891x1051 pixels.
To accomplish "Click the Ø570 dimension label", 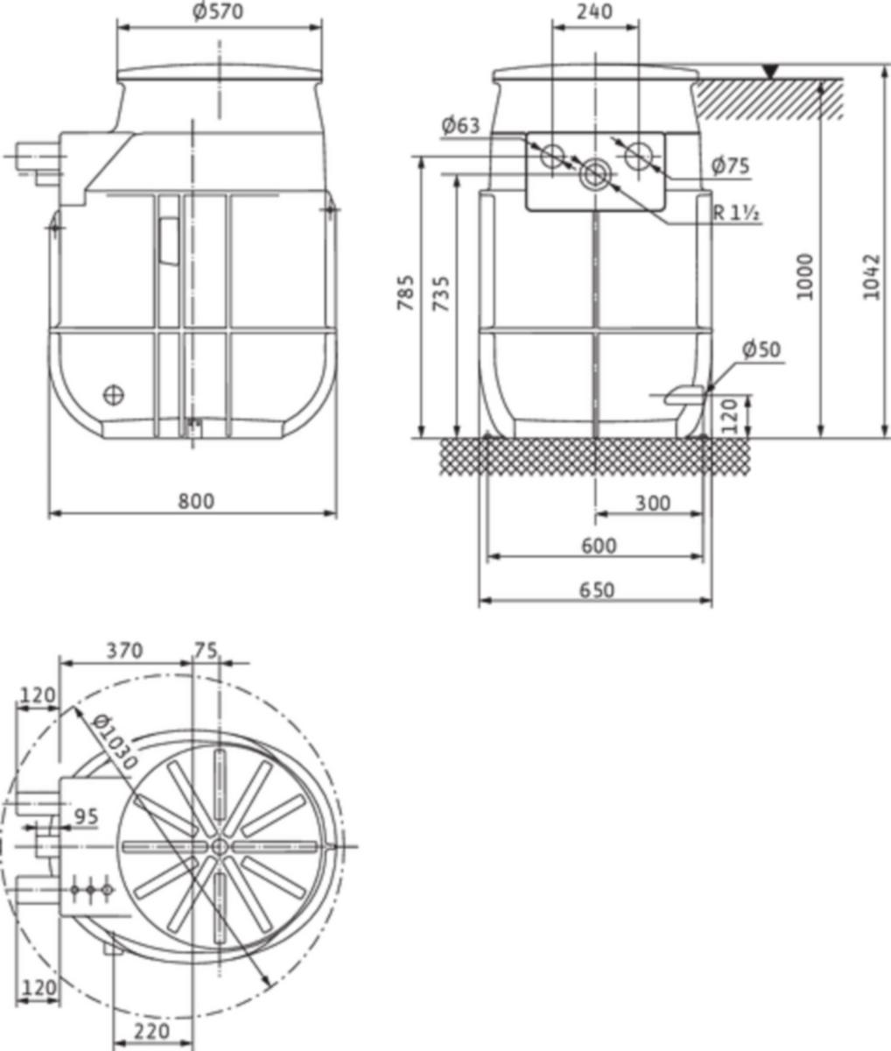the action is point(218,11).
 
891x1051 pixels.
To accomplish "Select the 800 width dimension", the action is point(196,501).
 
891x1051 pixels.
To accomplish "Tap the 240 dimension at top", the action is point(594,11).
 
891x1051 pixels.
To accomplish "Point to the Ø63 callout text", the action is point(460,125).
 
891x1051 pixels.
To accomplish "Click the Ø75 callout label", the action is point(730,166).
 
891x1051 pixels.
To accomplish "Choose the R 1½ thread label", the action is point(736,214).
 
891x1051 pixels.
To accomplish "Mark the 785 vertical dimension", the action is point(405,293).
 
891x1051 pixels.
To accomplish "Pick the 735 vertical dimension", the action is point(440,294).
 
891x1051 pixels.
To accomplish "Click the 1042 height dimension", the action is point(871,277).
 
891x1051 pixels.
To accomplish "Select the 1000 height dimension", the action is point(804,277).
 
